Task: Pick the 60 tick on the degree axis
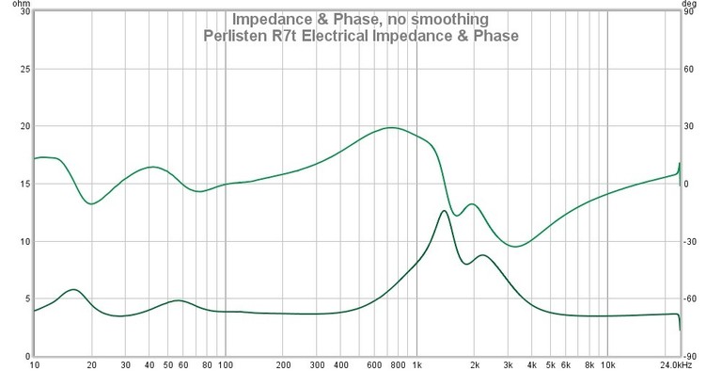[686, 69]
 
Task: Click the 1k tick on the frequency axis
[417, 363]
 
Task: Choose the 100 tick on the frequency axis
[226, 363]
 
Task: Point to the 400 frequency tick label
[340, 363]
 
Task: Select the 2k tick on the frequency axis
[475, 363]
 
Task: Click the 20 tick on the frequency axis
[92, 363]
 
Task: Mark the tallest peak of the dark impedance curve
[443, 211]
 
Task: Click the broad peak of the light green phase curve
[390, 127]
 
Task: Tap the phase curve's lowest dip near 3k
[514, 246]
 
